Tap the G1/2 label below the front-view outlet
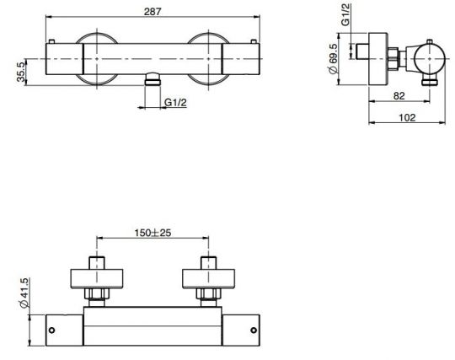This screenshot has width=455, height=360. (175, 102)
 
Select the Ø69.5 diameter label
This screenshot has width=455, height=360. (335, 62)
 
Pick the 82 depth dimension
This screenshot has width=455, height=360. (401, 96)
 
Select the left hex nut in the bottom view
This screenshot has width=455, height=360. (98, 295)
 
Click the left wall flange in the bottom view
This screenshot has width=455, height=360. (98, 277)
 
